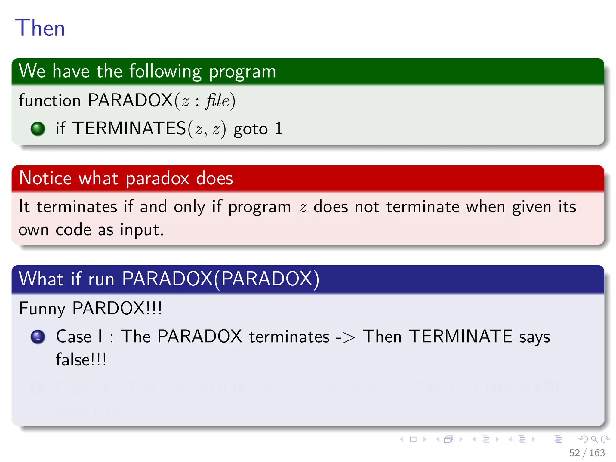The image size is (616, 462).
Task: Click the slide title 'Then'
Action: (40, 28)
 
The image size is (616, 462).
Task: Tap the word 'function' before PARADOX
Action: (50, 100)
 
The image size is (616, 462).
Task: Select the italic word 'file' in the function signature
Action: (217, 100)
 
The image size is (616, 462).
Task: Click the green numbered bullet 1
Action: (38, 129)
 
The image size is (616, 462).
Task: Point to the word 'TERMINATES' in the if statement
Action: (129, 128)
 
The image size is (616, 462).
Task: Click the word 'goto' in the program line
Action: (251, 129)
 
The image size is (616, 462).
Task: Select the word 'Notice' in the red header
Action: (45, 178)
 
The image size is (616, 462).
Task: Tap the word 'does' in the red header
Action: (214, 178)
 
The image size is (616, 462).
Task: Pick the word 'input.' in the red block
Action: (142, 230)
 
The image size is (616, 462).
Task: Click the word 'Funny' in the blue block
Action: (42, 308)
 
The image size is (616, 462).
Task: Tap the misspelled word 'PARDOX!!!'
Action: (117, 308)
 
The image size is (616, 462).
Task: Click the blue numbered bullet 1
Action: (38, 337)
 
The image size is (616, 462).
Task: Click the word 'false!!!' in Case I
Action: (81, 360)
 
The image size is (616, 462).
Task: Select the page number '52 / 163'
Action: (587, 453)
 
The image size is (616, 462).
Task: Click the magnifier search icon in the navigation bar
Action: (594, 439)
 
